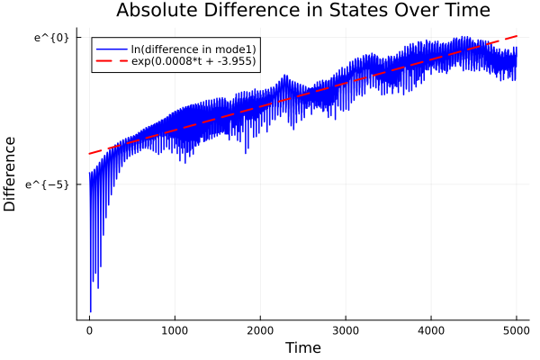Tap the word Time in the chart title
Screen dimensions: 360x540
(x=461, y=12)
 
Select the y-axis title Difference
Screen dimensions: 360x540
(x=11, y=174)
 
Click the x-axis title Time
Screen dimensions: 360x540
(x=302, y=347)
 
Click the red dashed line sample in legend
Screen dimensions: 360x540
(x=112, y=62)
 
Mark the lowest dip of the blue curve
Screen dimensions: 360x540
(x=91, y=311)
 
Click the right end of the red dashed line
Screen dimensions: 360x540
(x=517, y=36)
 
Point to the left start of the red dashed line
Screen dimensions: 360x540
(x=89, y=154)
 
